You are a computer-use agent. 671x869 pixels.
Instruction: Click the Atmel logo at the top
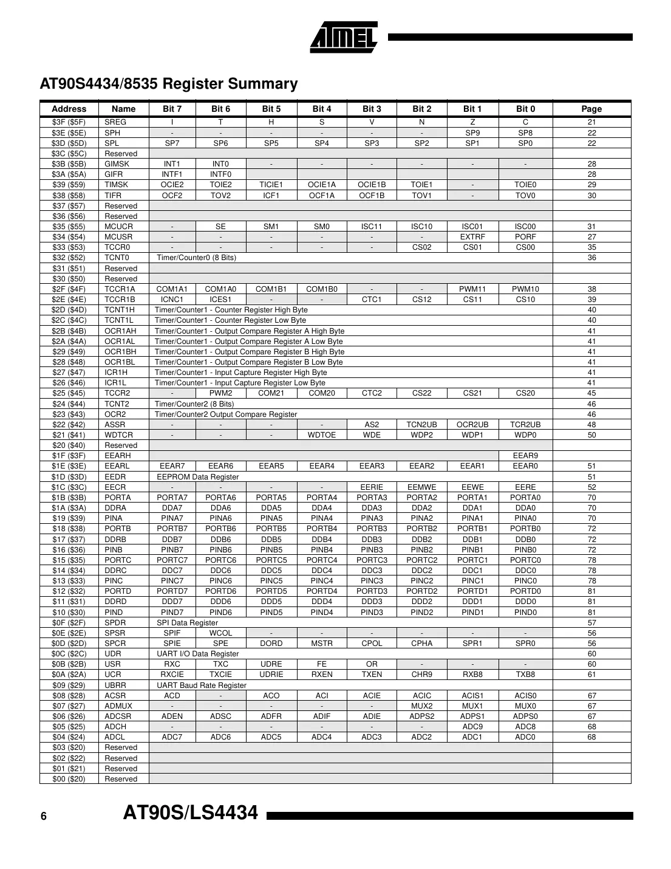344,38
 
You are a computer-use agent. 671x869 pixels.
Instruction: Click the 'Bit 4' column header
322,109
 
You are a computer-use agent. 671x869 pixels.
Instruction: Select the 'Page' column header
591,109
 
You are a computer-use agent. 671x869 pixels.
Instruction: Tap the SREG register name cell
115,122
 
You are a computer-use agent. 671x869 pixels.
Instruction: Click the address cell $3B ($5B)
69,164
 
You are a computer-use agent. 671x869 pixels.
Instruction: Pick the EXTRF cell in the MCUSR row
472,237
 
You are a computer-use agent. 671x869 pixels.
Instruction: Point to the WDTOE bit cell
322,435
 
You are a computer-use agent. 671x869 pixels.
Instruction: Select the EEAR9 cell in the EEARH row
525,456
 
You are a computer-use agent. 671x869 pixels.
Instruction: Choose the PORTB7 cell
172,529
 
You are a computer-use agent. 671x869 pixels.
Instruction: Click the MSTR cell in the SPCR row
322,644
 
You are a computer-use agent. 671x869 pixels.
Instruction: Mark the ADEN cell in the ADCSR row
172,716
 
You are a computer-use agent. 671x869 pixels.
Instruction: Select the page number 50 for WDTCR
591,435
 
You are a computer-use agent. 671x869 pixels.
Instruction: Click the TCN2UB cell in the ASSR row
422,425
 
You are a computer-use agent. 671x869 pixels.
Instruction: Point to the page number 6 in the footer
44,817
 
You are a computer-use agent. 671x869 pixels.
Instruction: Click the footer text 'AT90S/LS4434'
191,813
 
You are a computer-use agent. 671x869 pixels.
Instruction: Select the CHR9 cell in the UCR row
422,675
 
